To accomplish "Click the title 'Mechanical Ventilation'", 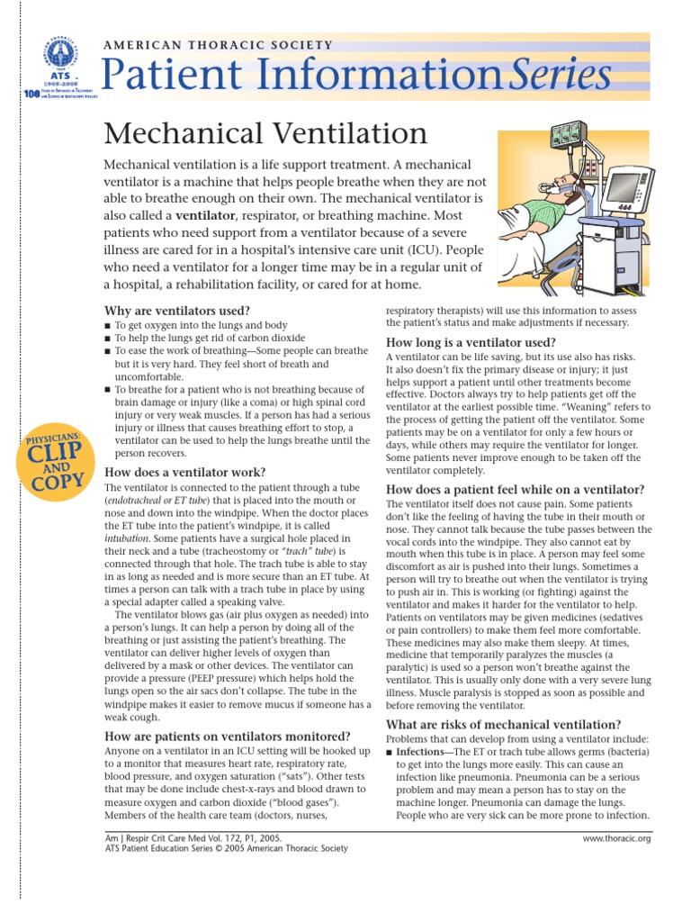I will click(x=265, y=133).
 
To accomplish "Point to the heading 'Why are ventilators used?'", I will click(x=177, y=311).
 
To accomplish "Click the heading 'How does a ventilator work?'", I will click(x=185, y=472).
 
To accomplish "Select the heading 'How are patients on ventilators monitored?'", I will click(x=228, y=736).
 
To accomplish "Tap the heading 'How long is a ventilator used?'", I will click(x=471, y=342).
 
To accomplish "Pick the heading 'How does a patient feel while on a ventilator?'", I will click(x=515, y=489).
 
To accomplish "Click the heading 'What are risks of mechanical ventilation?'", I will click(x=503, y=724).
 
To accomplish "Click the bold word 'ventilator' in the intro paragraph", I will click(x=205, y=216).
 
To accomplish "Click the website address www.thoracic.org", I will click(x=617, y=838).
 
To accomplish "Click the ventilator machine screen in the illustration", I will click(x=622, y=187).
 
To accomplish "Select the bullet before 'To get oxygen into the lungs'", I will click(x=109, y=325).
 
